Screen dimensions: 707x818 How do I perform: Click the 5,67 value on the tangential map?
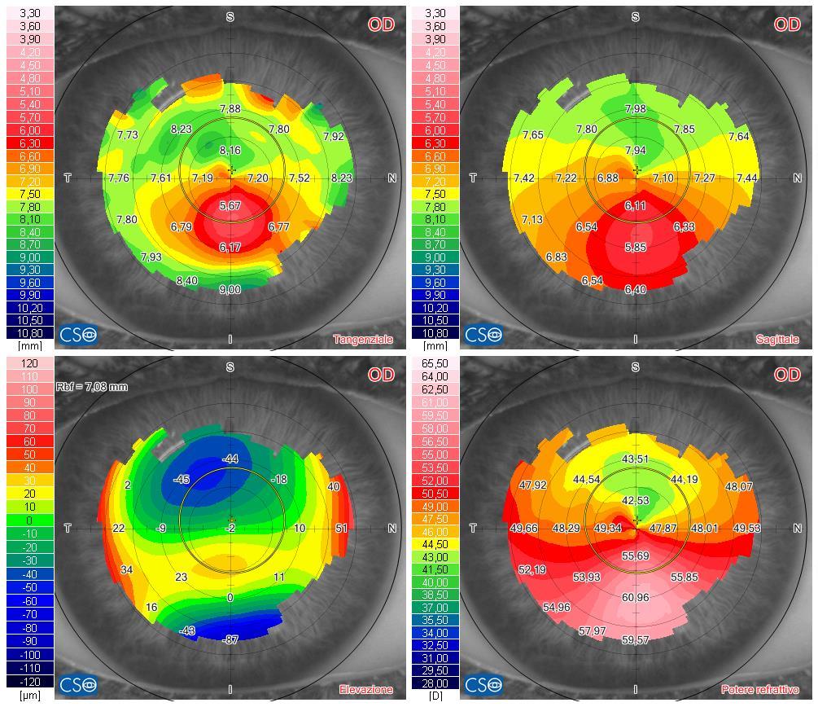coord(230,206)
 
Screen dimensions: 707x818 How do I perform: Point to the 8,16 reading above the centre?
coord(230,151)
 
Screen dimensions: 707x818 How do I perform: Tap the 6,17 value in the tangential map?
coord(230,247)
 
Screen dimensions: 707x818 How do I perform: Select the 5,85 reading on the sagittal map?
coord(636,247)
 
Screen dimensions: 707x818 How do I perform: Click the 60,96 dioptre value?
coord(636,598)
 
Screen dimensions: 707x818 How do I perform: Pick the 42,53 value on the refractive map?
coord(636,501)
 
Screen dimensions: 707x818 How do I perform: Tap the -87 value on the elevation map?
coord(230,640)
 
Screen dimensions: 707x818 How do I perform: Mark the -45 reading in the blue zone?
coord(181,480)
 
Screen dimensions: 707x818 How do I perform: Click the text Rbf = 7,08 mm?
coord(92,387)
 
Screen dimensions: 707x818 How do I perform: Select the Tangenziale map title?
coord(363,340)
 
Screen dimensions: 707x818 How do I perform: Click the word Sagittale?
coord(776,340)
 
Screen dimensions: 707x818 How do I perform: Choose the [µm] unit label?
coord(29,696)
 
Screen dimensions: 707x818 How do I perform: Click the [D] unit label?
coord(435,696)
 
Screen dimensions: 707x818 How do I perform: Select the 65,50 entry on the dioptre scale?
coord(435,363)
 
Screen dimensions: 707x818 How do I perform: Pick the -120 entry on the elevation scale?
coord(29,681)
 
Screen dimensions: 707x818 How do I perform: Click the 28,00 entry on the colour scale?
coord(435,683)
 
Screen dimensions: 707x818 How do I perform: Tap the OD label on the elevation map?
coord(381,375)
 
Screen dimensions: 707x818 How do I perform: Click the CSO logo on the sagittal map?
coord(483,334)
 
